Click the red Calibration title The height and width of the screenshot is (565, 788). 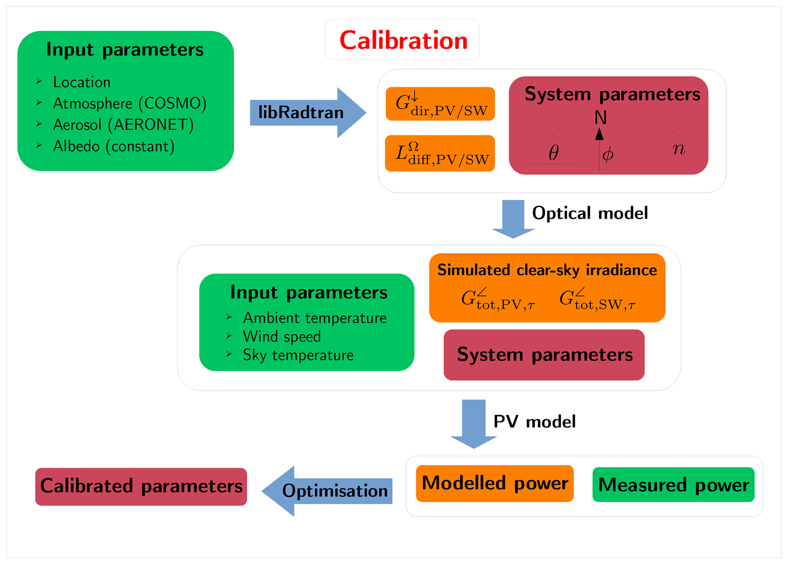[x=403, y=40]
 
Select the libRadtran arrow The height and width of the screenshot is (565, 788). [x=301, y=113]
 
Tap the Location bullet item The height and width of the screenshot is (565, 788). [x=82, y=82]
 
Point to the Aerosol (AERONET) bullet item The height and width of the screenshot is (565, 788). [x=123, y=125]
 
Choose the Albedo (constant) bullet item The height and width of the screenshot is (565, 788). [x=114, y=146]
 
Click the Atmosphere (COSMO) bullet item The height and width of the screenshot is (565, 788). [x=130, y=103]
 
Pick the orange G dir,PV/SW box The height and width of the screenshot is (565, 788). [x=440, y=104]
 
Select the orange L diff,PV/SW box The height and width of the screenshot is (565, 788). [x=440, y=153]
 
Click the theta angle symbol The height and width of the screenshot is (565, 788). [x=554, y=153]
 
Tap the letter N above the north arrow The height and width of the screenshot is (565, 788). [x=600, y=118]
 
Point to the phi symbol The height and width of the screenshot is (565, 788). [x=608, y=154]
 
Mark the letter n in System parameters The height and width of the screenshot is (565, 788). [x=679, y=149]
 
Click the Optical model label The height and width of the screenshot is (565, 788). [x=590, y=213]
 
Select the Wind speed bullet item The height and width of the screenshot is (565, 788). [x=282, y=336]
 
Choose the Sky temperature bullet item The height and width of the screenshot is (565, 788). [x=298, y=355]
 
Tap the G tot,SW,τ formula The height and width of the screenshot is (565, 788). [x=597, y=300]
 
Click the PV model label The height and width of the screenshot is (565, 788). [x=534, y=422]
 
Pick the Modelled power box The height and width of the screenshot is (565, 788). [x=495, y=483]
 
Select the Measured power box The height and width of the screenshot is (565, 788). [x=674, y=485]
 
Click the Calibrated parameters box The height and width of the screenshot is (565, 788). [x=141, y=486]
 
